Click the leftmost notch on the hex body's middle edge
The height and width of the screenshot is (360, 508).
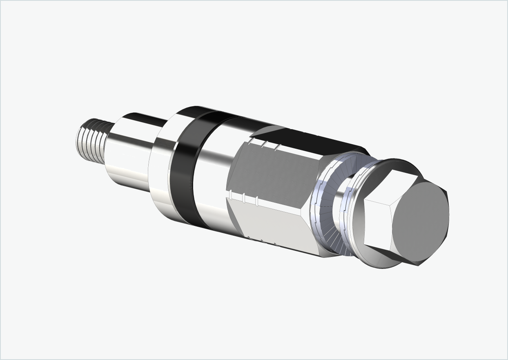coord(231,195)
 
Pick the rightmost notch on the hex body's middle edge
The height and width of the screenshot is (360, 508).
coord(257,201)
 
